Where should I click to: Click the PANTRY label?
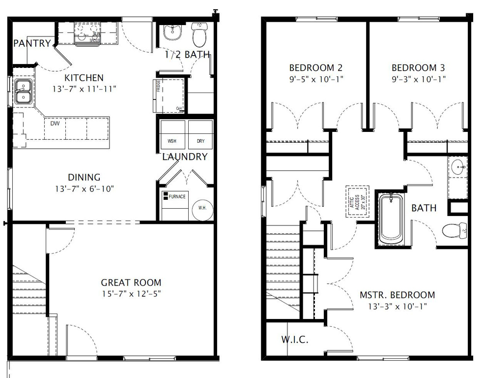tap(31, 43)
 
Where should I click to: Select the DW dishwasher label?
tap(55, 124)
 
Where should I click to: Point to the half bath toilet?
tap(199, 35)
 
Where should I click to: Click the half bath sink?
tap(172, 32)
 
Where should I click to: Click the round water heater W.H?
tap(202, 208)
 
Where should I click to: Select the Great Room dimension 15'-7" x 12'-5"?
tap(131, 293)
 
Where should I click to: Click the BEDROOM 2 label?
tap(315, 68)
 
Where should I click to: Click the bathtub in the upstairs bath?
tap(391, 217)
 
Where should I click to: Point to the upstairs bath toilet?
tap(454, 229)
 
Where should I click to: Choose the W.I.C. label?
tap(295, 340)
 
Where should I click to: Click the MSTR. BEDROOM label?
tap(397, 295)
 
